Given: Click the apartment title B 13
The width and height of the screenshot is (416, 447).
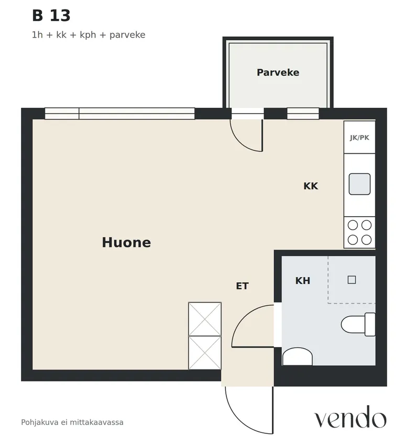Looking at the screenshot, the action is [51, 16].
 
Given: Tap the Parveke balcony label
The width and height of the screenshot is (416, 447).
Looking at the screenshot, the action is [278, 72].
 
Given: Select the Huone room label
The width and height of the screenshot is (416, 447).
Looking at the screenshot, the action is [126, 242].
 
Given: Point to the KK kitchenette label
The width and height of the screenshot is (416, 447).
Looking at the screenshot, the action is [311, 186].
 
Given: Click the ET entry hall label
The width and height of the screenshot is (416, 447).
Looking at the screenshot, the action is [242, 286].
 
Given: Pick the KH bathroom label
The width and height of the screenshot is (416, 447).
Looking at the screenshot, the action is [303, 281].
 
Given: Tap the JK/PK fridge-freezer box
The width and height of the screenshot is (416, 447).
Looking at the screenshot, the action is [359, 138].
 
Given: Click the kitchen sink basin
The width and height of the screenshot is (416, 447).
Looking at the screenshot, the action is [359, 184].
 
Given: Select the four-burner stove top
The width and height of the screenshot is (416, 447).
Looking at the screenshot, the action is [359, 232].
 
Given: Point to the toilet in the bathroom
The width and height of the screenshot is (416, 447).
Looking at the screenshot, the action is [358, 325].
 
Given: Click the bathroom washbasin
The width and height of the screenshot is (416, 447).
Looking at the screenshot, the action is [297, 356].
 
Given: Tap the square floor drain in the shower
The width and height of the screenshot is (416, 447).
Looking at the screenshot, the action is [352, 280].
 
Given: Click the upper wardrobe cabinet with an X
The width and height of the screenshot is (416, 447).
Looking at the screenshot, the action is [205, 319].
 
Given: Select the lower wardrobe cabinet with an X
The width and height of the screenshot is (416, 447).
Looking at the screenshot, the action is [205, 353].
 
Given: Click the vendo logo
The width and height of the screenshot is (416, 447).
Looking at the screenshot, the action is [351, 417].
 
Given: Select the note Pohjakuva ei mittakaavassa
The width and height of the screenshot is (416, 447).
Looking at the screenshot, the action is [72, 422].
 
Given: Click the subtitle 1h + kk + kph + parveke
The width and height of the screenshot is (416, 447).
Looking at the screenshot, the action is [89, 35].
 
